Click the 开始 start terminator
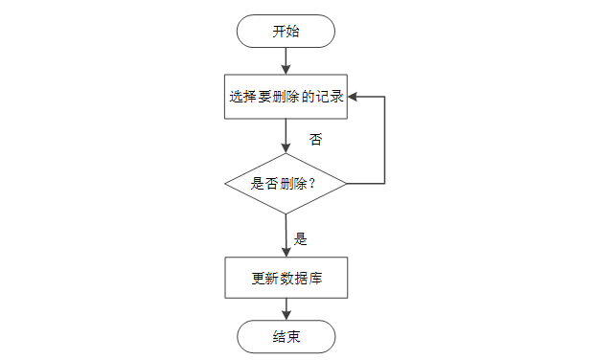point(286,31)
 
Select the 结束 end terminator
point(286,336)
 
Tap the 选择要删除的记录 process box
point(286,97)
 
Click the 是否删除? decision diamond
point(286,184)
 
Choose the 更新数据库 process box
point(286,278)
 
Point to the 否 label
point(316,140)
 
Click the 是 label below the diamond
point(300,239)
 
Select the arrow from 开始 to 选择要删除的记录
point(286,61)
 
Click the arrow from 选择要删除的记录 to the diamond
point(286,136)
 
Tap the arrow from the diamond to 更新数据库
point(286,236)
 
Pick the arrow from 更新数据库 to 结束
point(286,309)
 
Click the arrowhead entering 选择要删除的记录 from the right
point(353,97)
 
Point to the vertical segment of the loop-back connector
point(385,141)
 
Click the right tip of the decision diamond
point(347,184)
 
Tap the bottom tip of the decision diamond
point(286,214)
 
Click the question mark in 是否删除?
point(312,184)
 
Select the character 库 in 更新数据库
point(315,279)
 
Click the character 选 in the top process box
point(236,97)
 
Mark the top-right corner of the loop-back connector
point(385,97)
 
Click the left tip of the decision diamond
point(225,184)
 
